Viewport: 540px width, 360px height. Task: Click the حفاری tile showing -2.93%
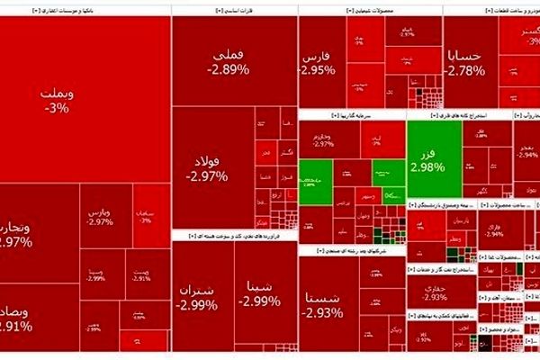(435, 291)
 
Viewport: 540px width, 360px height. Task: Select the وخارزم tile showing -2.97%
(323, 139)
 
